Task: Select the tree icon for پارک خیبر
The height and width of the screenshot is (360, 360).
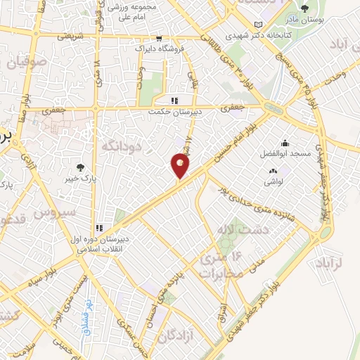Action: pyautogui.click(x=82, y=168)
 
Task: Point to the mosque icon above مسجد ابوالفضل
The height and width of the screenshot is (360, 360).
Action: pyautogui.click(x=284, y=143)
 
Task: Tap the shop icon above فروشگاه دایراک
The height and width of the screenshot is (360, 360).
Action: pyautogui.click(x=160, y=39)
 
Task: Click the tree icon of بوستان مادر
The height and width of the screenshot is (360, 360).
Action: pyautogui.click(x=304, y=8)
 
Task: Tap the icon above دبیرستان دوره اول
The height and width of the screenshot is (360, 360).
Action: pyautogui.click(x=100, y=228)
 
